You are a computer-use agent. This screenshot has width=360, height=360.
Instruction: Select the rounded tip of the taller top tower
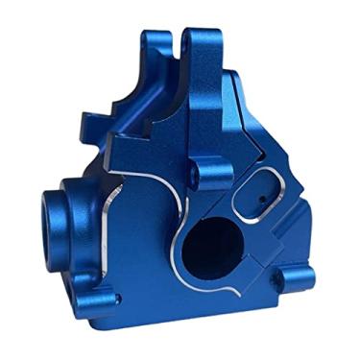point(193,40)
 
